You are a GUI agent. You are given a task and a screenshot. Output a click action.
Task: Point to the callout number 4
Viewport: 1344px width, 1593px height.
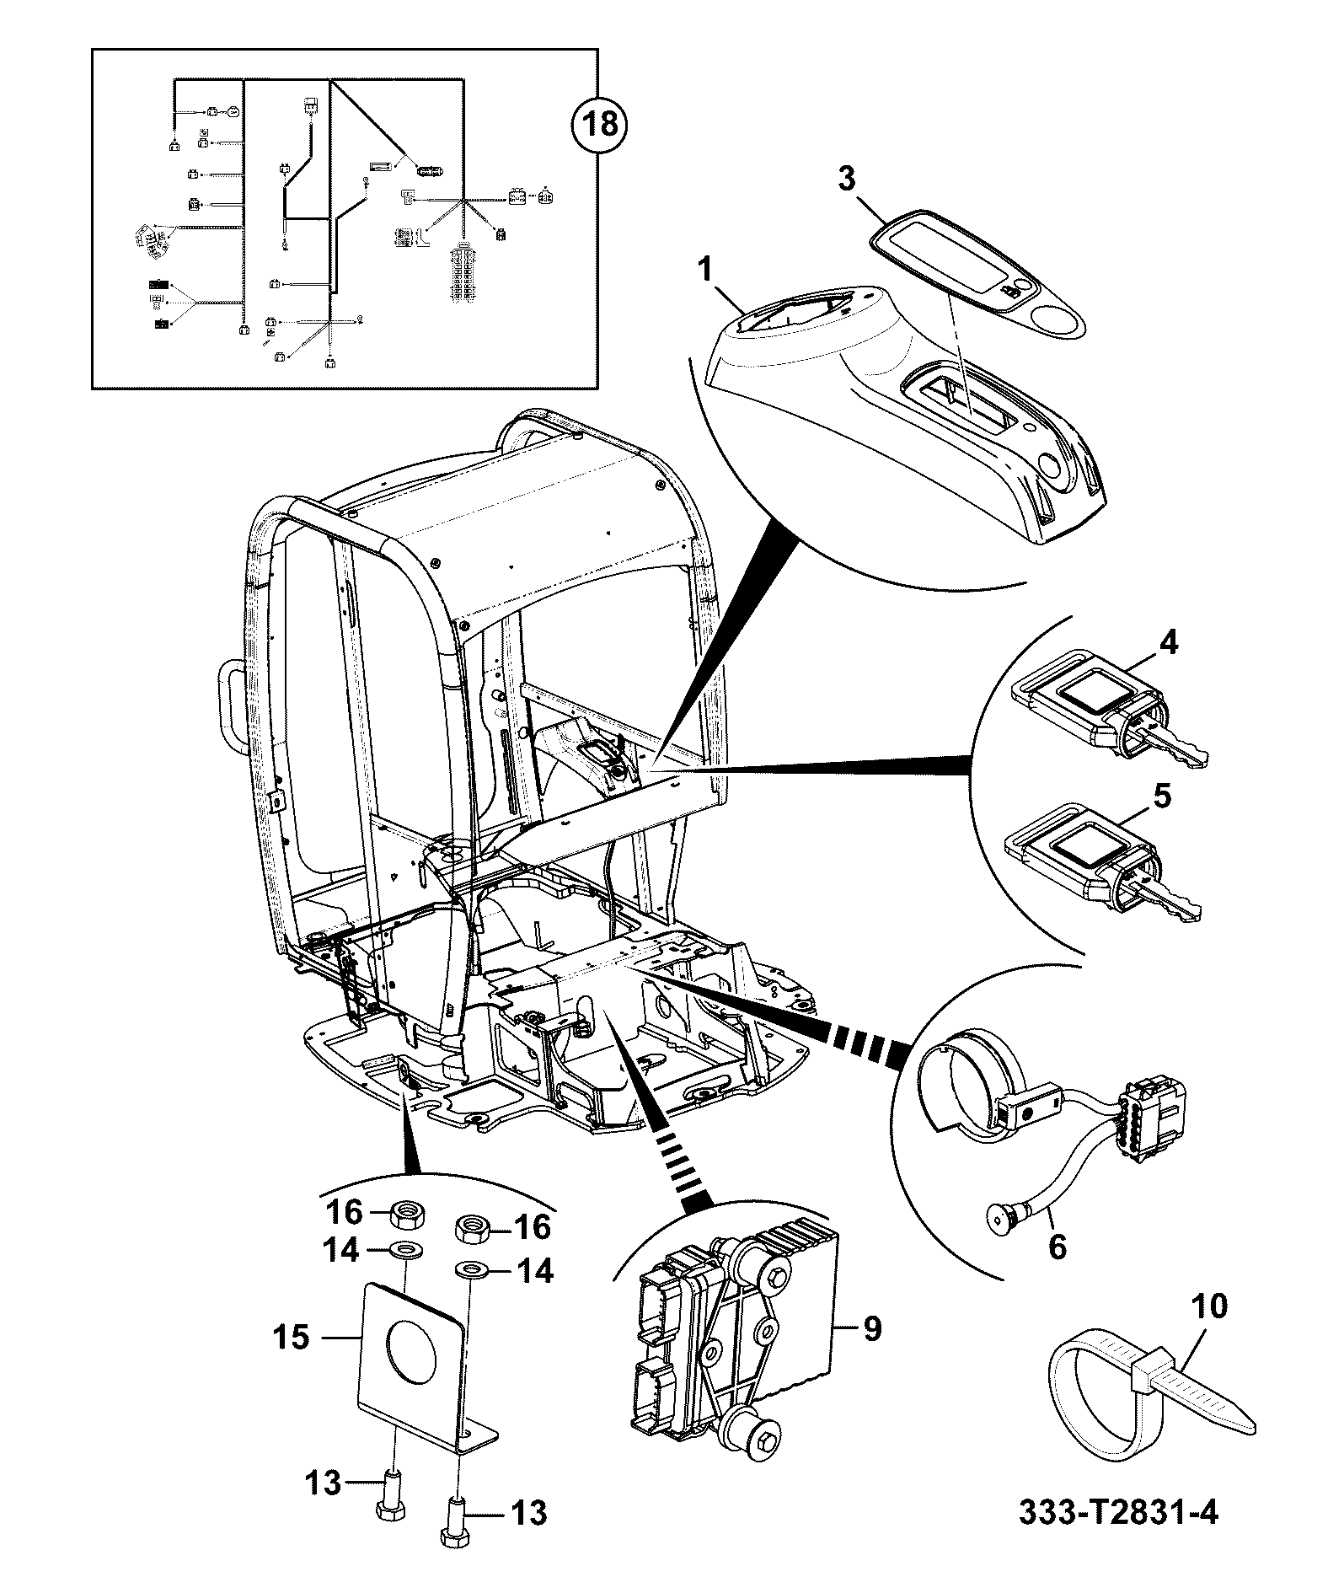coord(1167,642)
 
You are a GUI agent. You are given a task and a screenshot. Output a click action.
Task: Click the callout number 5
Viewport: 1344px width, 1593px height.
coord(1162,796)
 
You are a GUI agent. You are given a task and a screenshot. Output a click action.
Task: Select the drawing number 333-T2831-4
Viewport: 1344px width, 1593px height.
coord(1119,1537)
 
